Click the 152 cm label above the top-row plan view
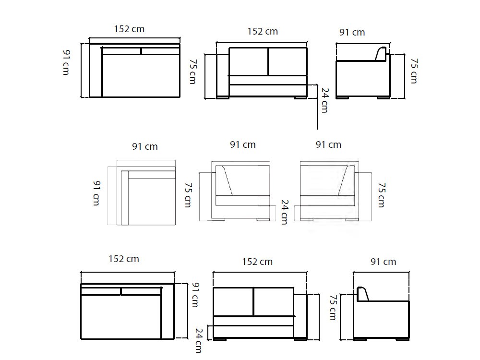click(129, 29)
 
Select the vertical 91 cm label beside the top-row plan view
click(66, 62)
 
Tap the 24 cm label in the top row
click(324, 100)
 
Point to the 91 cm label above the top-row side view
click(352, 32)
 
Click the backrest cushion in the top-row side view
click(381, 54)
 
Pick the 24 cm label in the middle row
click(284, 212)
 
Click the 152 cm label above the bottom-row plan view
click(123, 259)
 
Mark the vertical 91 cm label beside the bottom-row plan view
click(195, 295)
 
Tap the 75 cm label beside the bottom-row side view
click(332, 307)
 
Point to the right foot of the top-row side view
click(383, 98)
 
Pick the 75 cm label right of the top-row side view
click(414, 71)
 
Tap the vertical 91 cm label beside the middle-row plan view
click(96, 193)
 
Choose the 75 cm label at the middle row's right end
click(381, 194)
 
